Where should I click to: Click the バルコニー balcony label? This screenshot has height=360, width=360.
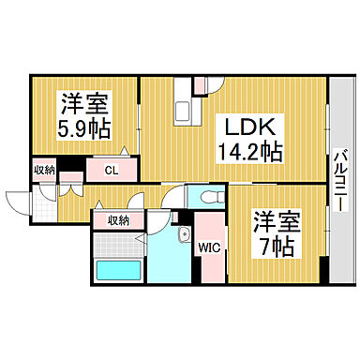point(339,178)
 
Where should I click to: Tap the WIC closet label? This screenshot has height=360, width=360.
point(207,248)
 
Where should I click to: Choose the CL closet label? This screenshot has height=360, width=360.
point(111,170)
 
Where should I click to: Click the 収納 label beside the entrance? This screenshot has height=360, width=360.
point(44,170)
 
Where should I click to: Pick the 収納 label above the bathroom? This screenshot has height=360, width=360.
point(118,219)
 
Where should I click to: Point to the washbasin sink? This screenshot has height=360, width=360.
point(185,234)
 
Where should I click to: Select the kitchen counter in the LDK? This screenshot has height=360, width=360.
point(181,107)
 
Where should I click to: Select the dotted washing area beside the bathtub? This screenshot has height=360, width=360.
point(119,246)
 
